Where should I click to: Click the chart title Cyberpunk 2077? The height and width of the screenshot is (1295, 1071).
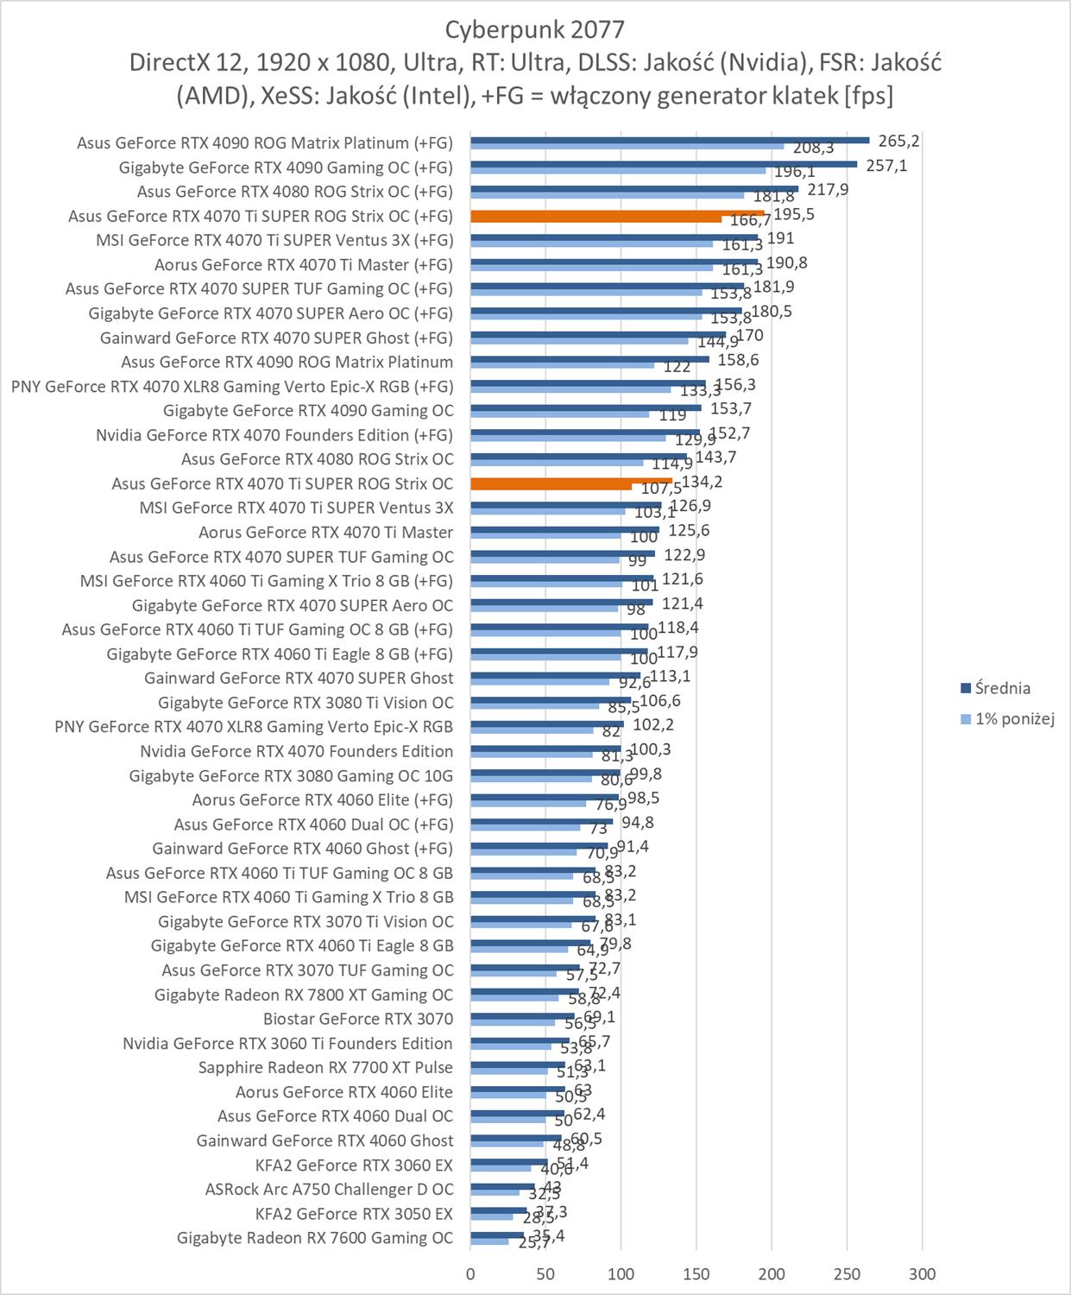point(534,29)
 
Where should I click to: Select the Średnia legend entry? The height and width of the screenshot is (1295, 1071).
point(1002,688)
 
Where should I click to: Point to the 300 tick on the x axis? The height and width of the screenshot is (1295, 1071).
point(923,1273)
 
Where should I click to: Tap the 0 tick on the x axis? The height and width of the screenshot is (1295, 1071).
point(470,1273)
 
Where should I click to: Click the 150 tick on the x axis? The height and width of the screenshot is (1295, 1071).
point(696,1273)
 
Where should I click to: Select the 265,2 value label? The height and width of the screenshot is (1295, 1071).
point(898,141)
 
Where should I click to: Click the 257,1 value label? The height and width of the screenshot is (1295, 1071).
point(886,165)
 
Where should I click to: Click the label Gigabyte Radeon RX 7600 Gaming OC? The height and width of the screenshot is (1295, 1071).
point(315,1238)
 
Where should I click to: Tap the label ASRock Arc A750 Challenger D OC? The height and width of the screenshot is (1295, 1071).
point(329,1190)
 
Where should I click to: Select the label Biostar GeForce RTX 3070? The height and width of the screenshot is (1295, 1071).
point(358,1019)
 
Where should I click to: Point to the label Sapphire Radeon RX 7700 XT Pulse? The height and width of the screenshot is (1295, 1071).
point(325,1068)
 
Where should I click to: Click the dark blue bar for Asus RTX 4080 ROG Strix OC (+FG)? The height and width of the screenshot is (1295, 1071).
point(634,188)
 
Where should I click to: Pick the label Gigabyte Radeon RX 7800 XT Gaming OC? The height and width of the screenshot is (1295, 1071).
point(304,995)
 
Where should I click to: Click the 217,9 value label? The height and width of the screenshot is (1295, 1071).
point(828,189)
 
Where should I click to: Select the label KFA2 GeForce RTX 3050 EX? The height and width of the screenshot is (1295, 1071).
point(354,1214)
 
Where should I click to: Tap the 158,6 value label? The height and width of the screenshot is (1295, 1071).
point(738,360)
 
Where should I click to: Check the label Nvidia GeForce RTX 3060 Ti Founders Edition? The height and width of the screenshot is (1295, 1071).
point(287,1044)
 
